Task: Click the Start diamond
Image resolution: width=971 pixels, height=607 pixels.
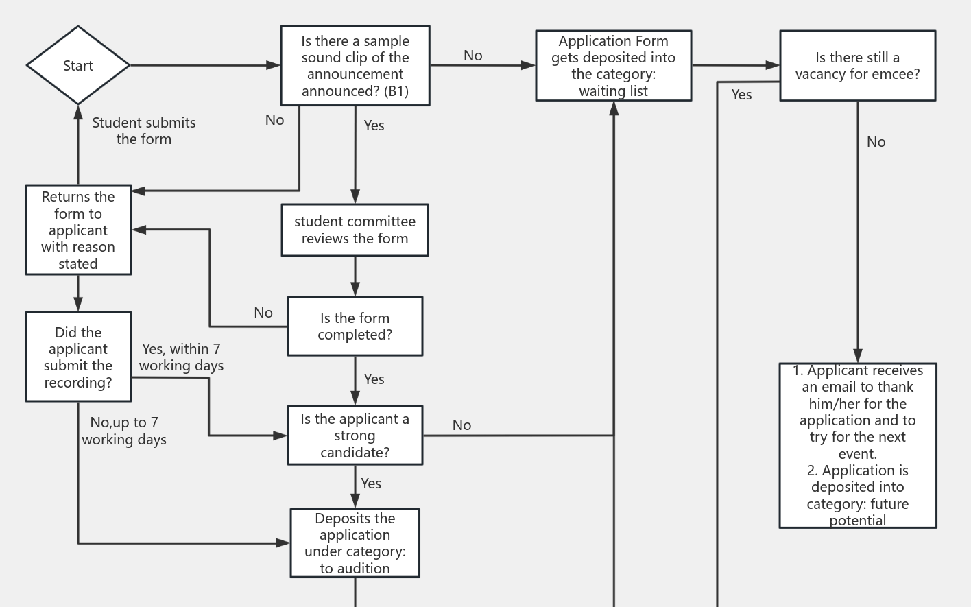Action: [78, 66]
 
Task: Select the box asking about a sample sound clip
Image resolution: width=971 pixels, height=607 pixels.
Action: [355, 66]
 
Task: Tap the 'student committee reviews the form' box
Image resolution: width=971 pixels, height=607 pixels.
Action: [355, 230]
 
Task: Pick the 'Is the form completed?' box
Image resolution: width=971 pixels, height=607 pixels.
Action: [355, 326]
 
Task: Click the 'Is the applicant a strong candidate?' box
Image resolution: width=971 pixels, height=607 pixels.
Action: [355, 436]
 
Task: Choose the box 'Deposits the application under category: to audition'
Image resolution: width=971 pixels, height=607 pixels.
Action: [355, 543]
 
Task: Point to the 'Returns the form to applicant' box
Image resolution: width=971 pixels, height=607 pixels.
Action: [78, 230]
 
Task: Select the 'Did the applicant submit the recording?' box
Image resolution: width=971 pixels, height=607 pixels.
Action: [78, 357]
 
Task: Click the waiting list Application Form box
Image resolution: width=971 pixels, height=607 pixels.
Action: [614, 66]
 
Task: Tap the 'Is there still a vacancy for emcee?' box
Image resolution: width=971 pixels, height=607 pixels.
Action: [858, 66]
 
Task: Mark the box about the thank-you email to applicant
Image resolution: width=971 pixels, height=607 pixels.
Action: [858, 445]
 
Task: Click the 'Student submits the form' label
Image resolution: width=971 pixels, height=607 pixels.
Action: [144, 131]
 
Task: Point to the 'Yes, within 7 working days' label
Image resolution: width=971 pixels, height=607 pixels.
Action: [182, 357]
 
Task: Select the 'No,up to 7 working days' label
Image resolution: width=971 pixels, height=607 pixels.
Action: [124, 431]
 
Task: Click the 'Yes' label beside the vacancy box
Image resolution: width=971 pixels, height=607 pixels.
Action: [742, 95]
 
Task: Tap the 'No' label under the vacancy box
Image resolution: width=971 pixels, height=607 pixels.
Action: [876, 142]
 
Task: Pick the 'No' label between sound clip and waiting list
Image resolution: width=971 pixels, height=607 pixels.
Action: [473, 56]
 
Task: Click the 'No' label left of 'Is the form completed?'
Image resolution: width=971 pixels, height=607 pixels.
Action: [263, 313]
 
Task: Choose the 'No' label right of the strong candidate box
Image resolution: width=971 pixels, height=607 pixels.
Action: [462, 425]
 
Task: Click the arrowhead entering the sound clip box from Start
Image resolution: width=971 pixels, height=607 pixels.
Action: [274, 66]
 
